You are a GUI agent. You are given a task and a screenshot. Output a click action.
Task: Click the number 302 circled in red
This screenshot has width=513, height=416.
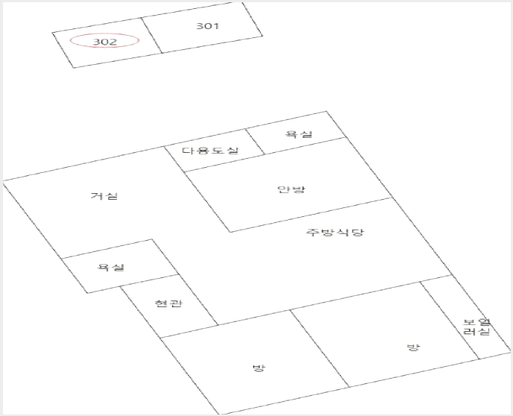(105, 42)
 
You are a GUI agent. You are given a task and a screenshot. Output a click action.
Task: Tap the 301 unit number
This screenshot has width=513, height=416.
(207, 26)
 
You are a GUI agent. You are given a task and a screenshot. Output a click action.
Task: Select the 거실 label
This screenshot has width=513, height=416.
(104, 195)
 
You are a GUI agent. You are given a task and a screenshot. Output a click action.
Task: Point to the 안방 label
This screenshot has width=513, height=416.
(292, 189)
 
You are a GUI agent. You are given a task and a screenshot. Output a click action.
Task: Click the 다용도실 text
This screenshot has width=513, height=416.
(210, 151)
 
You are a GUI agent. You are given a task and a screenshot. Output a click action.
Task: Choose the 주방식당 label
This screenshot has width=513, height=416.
(335, 232)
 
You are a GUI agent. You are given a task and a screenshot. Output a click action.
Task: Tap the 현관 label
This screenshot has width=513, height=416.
(169, 303)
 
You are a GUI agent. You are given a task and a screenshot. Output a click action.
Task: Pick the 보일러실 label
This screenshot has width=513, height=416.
(477, 327)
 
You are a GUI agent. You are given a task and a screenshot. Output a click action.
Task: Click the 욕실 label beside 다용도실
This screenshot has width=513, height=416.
(299, 133)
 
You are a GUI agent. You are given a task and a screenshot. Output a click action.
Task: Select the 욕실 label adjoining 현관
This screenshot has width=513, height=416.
(111, 267)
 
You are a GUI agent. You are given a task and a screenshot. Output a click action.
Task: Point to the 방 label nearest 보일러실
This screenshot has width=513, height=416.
(413, 347)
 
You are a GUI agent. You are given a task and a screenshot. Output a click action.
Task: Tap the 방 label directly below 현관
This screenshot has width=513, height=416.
(259, 368)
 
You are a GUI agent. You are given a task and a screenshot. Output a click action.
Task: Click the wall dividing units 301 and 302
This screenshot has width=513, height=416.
(151, 35)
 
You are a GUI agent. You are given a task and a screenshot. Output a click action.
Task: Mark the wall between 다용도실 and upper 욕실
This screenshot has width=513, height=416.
(255, 142)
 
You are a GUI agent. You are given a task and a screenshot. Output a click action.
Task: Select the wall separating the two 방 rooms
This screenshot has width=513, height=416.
(319, 348)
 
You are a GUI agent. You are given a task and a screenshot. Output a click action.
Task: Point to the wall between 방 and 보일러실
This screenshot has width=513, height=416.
(450, 320)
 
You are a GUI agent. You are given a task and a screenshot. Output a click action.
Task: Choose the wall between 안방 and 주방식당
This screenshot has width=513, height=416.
(311, 215)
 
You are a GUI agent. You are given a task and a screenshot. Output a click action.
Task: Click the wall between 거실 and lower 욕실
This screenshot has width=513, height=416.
(107, 248)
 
